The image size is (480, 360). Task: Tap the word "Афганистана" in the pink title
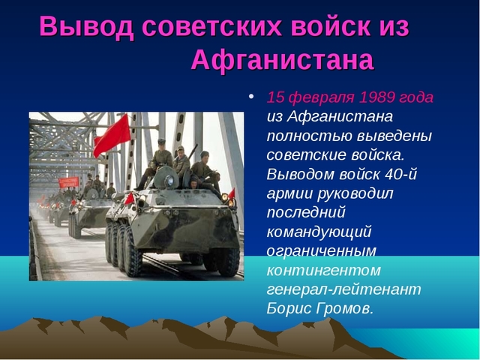point(282,61)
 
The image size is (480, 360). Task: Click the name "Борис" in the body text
point(288,308)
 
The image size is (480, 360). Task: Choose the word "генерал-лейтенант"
point(343,289)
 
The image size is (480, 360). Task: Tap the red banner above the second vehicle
point(69,181)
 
